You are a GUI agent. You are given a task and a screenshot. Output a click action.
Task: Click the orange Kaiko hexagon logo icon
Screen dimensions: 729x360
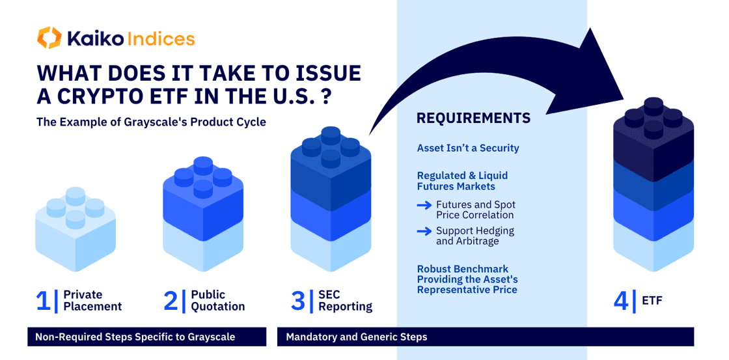(49, 38)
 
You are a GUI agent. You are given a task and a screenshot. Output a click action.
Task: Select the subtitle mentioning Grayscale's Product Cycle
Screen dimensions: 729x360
(152, 124)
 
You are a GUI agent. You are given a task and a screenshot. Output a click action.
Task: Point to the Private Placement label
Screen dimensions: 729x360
(92, 301)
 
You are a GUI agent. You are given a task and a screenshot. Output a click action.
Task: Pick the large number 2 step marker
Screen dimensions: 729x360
(171, 301)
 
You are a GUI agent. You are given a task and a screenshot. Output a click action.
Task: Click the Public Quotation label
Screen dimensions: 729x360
(218, 301)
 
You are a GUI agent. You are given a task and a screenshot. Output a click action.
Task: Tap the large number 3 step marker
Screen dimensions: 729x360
(298, 301)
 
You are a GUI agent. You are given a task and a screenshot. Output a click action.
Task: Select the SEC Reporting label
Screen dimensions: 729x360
(346, 301)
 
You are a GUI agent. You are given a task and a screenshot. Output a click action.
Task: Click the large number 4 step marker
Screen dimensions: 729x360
(621, 301)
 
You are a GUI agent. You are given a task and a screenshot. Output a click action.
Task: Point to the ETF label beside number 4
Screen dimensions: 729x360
(652, 301)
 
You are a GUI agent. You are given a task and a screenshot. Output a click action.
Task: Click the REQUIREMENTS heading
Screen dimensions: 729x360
(473, 118)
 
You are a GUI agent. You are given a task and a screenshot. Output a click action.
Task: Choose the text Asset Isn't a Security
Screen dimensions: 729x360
(468, 148)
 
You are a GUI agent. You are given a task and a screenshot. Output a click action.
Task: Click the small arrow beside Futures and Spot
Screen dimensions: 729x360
(424, 205)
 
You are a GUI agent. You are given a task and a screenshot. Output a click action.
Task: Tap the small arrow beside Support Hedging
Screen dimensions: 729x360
(424, 231)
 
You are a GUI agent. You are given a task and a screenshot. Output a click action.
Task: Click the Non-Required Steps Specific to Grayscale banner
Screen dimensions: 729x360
(147, 337)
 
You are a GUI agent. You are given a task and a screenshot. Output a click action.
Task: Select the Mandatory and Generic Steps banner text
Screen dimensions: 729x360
(357, 337)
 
